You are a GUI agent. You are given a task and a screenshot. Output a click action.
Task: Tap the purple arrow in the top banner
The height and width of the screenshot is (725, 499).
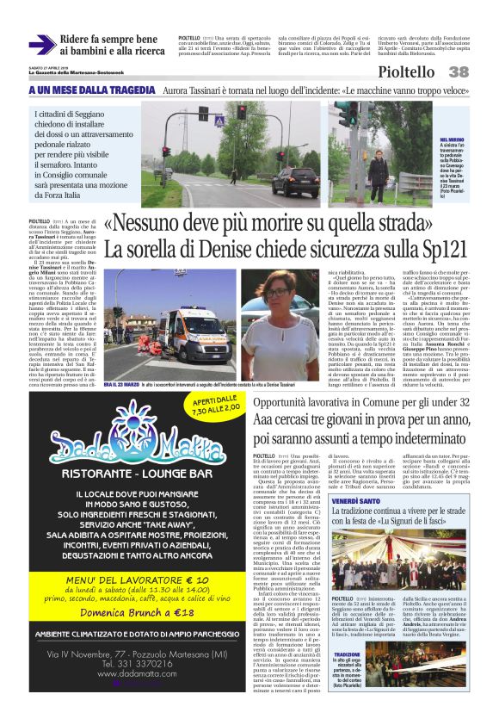click(41, 45)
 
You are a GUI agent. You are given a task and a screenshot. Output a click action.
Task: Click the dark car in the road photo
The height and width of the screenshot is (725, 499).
click(295, 182)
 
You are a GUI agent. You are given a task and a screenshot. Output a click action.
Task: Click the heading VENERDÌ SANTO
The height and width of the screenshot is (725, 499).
click(357, 500)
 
